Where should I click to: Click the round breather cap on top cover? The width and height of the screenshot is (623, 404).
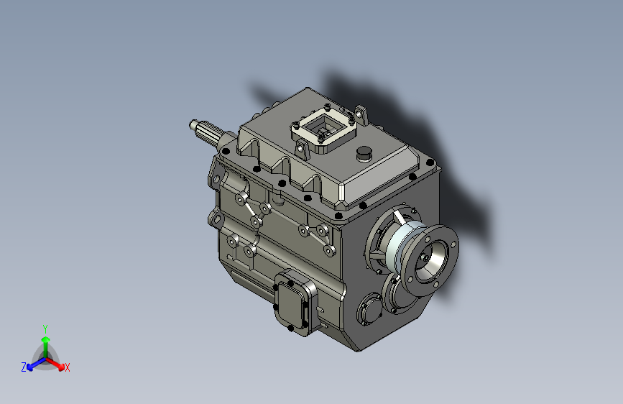coord(364,153)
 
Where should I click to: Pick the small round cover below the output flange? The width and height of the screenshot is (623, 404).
coord(370,309)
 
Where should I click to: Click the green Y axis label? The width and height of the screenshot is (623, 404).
coord(45,329)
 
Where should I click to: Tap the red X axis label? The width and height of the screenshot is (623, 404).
coord(68,368)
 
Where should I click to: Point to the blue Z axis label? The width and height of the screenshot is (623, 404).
coord(24,367)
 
